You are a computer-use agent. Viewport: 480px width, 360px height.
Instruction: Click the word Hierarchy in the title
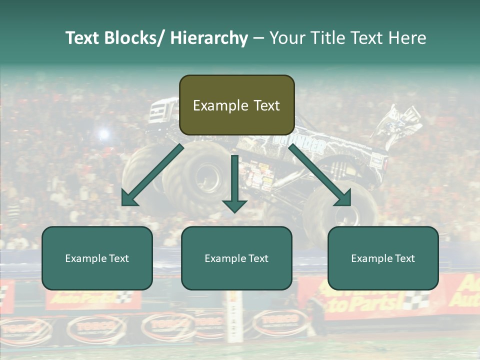coord(208,38)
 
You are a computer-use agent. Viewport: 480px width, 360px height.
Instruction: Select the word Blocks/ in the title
coord(136,38)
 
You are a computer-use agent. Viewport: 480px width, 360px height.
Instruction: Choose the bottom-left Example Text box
coord(97,258)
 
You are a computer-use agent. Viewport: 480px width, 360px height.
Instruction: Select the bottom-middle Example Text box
coord(236,258)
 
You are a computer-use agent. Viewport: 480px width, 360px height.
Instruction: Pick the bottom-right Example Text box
coord(383,258)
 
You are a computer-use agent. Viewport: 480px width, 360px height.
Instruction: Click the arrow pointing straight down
coord(234,185)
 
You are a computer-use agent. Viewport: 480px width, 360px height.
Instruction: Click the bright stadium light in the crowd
coord(103,133)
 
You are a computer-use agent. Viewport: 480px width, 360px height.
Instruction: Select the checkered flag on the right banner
coord(416,300)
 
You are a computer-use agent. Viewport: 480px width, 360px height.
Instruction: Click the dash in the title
coord(258,38)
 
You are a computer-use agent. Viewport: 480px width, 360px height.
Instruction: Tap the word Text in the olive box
coord(266,105)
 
